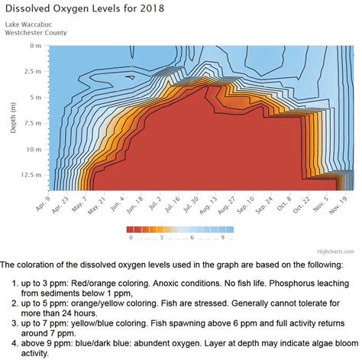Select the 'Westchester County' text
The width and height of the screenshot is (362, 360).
click(x=35, y=33)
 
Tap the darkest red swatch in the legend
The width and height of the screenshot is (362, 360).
click(x=131, y=229)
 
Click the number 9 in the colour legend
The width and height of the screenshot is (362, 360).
click(x=222, y=237)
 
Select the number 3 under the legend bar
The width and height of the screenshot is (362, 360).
click(x=161, y=237)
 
